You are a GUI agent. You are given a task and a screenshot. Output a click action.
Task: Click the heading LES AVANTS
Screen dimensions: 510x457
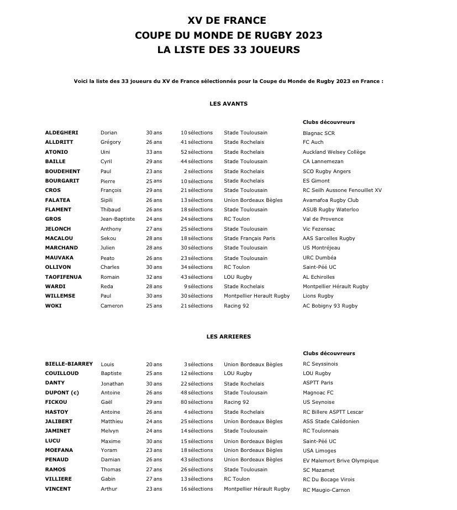[228, 103]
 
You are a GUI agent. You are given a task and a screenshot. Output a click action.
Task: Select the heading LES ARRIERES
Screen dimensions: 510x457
[228, 336]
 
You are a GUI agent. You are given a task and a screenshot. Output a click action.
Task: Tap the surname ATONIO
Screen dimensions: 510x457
[56, 152]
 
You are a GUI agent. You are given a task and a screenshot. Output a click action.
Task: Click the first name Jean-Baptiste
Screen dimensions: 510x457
[117, 219]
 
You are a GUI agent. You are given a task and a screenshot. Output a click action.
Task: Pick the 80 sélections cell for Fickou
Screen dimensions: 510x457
[196, 402]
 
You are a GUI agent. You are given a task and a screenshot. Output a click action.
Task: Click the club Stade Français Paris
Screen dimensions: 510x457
[249, 238]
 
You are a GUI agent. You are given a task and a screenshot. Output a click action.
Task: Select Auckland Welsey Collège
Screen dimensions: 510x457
[334, 152]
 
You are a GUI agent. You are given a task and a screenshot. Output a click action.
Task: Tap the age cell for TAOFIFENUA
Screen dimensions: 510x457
[154, 277]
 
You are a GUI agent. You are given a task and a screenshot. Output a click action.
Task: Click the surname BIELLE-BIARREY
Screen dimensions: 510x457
[69, 364]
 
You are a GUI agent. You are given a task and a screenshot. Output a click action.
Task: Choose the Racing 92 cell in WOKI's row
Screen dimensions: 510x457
[236, 306]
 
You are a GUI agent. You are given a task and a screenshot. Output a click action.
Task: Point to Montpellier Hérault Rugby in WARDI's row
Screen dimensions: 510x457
[335, 287]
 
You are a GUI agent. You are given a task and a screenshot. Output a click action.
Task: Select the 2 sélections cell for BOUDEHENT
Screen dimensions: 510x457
[198, 171]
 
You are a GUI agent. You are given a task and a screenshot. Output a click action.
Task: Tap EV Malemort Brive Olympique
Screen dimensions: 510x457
[340, 461]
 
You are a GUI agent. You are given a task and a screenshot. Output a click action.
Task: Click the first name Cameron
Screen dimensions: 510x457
[112, 306]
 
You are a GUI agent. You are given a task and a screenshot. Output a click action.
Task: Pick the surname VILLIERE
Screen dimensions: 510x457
[58, 479]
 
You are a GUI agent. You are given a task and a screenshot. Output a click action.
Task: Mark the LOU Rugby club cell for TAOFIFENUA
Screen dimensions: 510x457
[238, 277]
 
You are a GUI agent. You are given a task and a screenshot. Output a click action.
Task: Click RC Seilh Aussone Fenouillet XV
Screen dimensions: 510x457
[342, 190]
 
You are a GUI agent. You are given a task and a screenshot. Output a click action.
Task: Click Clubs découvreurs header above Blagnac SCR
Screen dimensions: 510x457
[329, 122]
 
